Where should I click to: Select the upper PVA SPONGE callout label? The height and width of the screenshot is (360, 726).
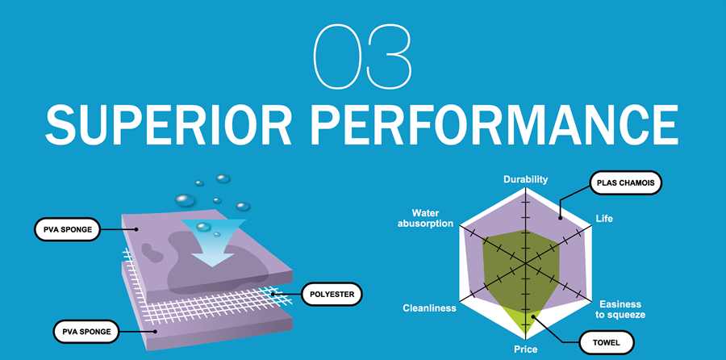coord(67,229)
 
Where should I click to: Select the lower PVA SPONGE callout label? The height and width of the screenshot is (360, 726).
coord(86,330)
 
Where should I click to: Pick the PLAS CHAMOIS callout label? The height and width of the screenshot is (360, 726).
coord(626,183)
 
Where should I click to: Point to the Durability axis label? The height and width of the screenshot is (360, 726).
coord(525,179)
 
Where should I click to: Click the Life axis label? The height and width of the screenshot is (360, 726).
coord(604,219)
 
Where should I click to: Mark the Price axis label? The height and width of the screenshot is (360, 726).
coord(525,350)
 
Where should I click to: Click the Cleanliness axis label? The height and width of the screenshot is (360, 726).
coord(430,308)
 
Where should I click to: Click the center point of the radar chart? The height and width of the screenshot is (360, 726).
coord(525,264)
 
